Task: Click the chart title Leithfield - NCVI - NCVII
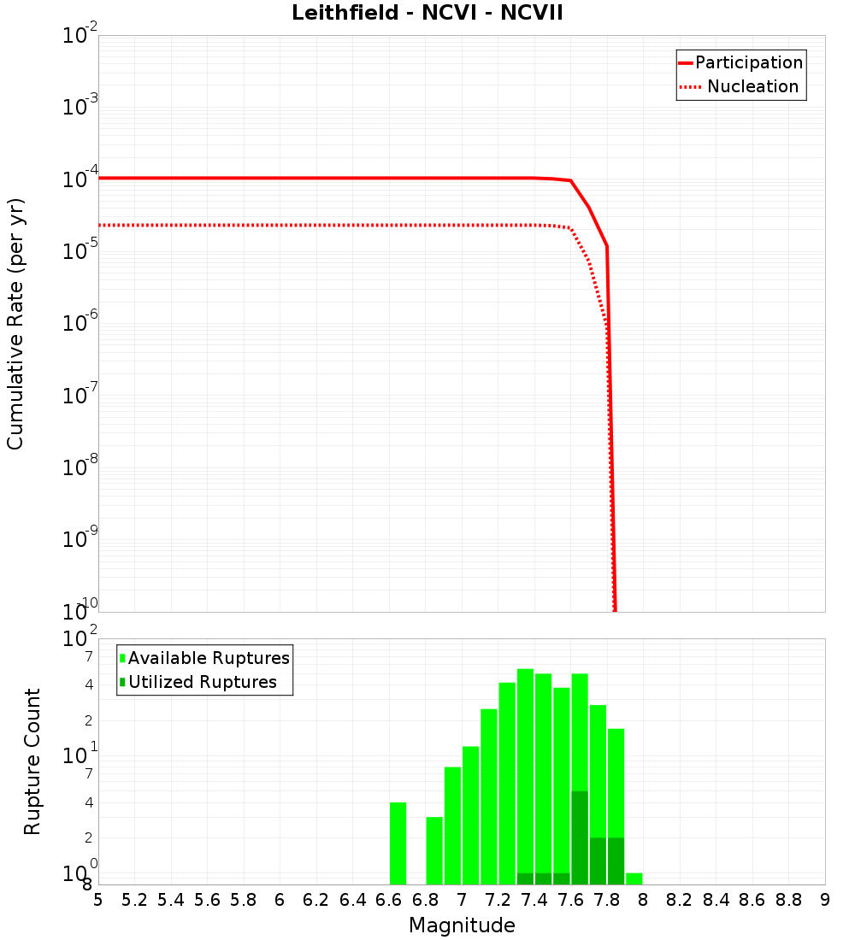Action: (x=427, y=14)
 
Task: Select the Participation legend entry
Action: (x=749, y=63)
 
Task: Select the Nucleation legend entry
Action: (x=752, y=87)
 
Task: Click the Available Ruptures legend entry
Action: (x=209, y=658)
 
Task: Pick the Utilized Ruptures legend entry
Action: (x=202, y=682)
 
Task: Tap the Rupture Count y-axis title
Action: (x=32, y=761)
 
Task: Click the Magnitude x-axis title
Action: (x=462, y=925)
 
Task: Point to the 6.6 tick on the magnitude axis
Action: (x=389, y=900)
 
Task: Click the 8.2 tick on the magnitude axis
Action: (x=680, y=900)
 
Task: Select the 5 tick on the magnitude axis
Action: (x=98, y=900)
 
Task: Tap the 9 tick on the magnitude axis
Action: (x=825, y=900)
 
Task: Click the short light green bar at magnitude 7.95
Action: (x=634, y=878)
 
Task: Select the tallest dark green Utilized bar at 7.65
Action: (x=580, y=837)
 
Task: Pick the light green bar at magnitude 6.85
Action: (x=434, y=850)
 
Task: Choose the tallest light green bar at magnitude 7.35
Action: (x=525, y=769)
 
